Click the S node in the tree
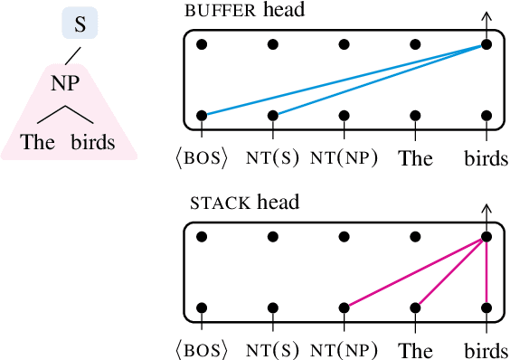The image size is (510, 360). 80,24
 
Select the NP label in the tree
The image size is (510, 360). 65,83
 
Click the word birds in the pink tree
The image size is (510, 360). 93,143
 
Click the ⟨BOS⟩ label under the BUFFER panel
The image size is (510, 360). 201,158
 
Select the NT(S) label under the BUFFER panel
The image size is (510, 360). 272,158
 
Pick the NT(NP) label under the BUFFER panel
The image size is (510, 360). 344,158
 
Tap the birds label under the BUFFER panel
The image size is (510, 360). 486,158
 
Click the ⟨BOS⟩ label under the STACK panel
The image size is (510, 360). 201,350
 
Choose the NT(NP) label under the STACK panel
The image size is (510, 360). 344,350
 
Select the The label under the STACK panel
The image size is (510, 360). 416,350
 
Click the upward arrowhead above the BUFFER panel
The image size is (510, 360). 486,15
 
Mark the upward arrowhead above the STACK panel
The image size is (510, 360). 486,208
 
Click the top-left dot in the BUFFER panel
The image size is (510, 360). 202,44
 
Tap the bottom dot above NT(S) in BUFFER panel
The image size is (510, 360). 273,116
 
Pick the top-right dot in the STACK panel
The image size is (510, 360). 486,236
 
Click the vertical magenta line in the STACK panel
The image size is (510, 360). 486,271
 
